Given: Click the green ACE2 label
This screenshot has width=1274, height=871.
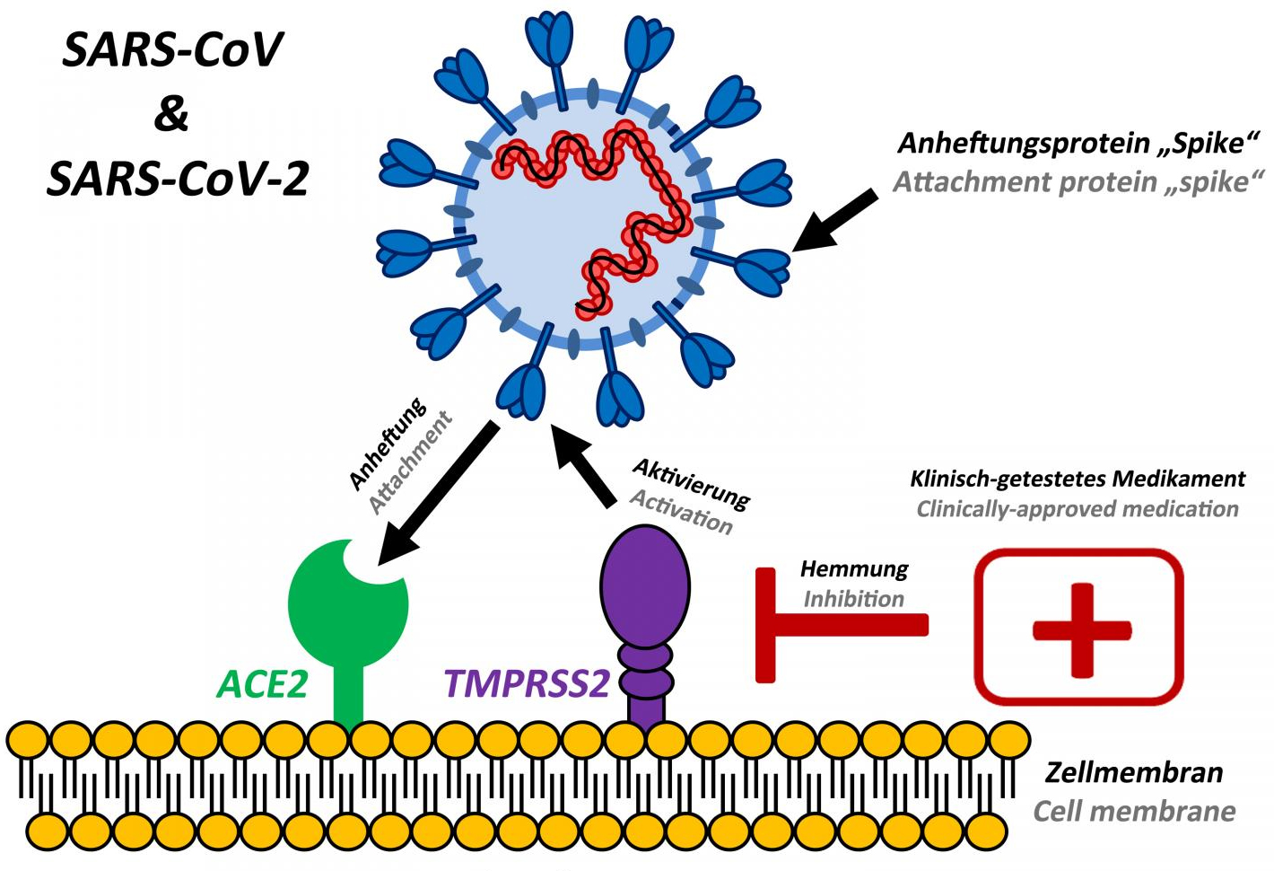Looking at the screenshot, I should pos(262,684).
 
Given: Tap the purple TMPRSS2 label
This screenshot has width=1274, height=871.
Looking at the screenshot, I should pos(527,684).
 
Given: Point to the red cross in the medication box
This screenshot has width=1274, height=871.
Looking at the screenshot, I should pos(1080,629).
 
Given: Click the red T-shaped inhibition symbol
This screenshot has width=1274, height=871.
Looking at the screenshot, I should pos(807,625).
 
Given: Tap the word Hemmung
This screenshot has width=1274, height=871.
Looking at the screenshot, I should pos(853,569).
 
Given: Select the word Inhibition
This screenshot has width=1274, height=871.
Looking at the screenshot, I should pos(853,599).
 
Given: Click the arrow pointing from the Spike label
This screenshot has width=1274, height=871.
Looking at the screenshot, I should pos(834,221).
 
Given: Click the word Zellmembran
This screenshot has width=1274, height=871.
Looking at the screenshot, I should pos(1134,772).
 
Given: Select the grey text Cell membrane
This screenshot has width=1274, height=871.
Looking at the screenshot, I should pos(1134,812).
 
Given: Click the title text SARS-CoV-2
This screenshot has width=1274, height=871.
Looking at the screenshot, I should pos(178,179).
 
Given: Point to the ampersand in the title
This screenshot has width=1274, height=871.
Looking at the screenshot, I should pos(171,114).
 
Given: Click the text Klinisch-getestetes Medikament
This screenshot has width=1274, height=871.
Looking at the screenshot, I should pos(1078,479).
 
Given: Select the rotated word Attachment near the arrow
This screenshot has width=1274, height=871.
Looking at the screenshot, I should pos(410,462).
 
